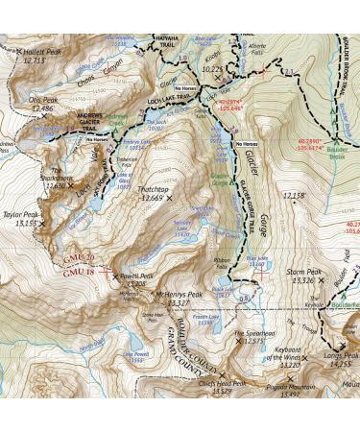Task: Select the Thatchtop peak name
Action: [x=151, y=189]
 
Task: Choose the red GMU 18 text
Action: [x=78, y=273]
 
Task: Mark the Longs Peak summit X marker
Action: [x=343, y=345]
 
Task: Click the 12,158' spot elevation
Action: [x=294, y=196]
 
